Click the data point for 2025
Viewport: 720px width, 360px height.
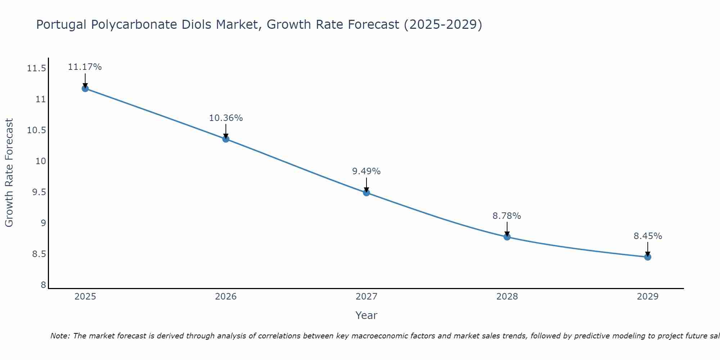85,89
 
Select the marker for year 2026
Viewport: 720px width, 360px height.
226,139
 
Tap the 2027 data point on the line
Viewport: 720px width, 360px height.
366,193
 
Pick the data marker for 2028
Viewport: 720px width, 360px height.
507,237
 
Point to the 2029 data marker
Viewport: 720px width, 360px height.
648,257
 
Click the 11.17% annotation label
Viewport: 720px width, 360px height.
85,67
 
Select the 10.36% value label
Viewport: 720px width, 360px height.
226,118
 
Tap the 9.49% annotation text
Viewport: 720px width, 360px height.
366,171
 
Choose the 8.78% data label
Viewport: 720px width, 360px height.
507,216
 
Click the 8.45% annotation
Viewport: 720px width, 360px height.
648,236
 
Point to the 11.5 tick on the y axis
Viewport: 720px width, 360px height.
36,68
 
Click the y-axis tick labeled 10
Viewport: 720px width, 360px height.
41,161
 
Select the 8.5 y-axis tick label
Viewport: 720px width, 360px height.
39,254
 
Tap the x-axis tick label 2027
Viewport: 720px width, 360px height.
366,297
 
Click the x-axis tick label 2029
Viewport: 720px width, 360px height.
648,297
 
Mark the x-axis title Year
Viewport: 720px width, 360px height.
366,315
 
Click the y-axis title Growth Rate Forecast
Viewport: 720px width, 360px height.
9,173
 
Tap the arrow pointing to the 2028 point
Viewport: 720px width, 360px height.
507,229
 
